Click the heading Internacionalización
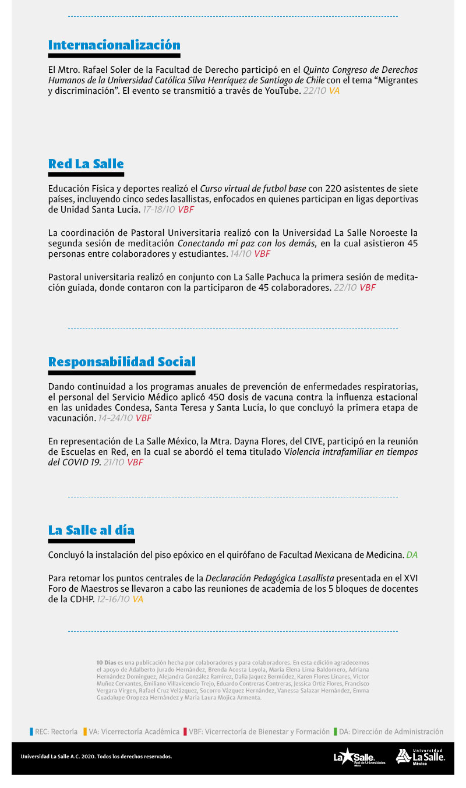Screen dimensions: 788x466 point(114,45)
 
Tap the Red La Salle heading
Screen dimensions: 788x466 point(86,164)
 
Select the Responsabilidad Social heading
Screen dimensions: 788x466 point(122,362)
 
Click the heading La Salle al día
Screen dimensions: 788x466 point(91,530)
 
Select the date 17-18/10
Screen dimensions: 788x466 point(159,210)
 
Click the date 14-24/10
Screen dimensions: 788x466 point(115,418)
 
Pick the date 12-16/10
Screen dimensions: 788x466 point(113,599)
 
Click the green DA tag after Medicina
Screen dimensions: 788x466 point(412,556)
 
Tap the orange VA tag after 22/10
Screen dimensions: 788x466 point(334,91)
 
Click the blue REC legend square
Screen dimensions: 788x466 point(31,732)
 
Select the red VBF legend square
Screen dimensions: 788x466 point(185,732)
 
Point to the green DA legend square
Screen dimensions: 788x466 point(336,732)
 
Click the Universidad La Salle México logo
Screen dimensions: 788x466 point(420,757)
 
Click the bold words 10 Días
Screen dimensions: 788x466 point(106,663)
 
